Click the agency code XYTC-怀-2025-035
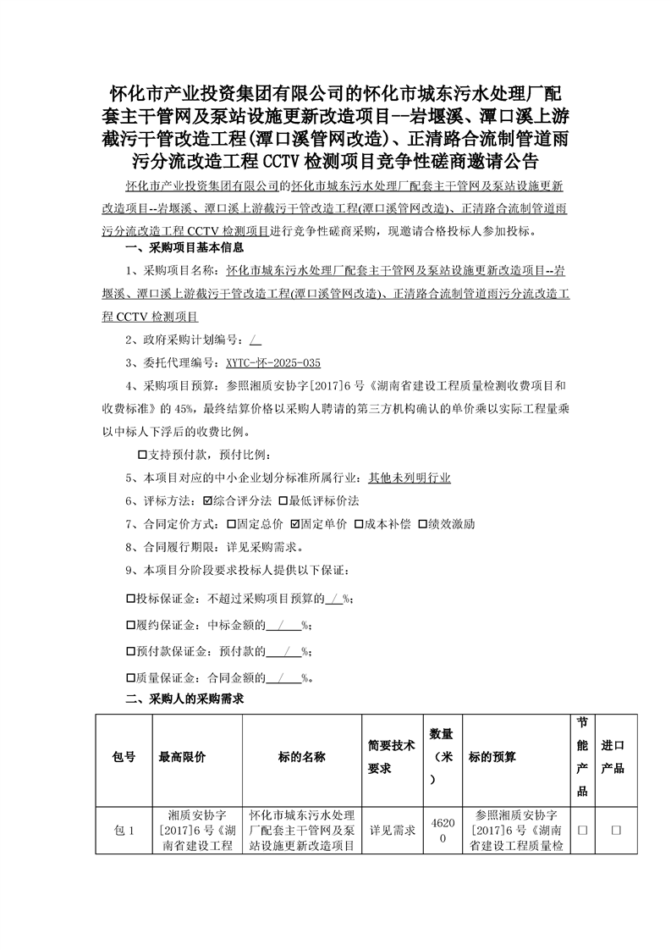click(272, 362)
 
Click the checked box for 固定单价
click(294, 523)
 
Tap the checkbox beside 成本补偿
click(359, 523)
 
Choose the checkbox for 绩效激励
click(423, 523)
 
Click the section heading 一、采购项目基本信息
click(184, 248)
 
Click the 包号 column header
click(124, 757)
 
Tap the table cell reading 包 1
click(124, 831)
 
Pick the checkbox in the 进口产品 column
click(616, 831)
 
